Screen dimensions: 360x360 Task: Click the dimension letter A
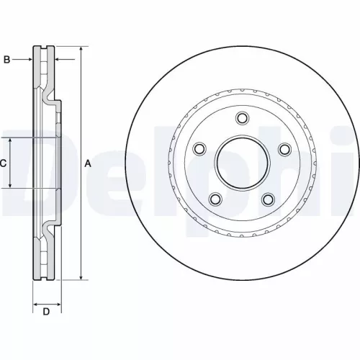89,163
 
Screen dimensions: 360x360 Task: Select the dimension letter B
6,60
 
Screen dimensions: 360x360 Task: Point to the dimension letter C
3,163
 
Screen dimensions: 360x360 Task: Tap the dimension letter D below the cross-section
45,312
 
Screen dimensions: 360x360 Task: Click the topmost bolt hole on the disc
241,120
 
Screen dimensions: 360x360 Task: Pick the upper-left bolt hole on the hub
199,149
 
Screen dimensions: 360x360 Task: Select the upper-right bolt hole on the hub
284,149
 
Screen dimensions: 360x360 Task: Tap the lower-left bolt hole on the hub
215,199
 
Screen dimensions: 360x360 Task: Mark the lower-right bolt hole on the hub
268,199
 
